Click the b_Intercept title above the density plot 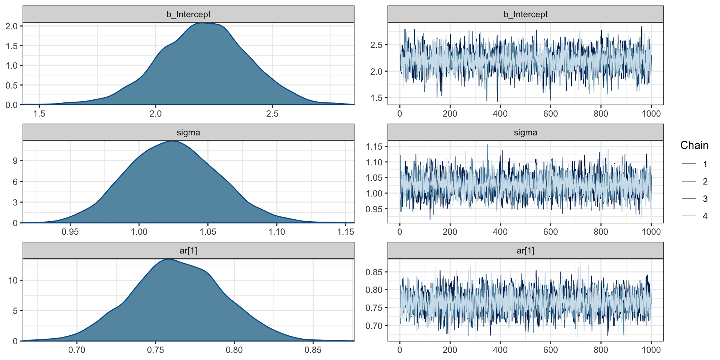click(188, 14)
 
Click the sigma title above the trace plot click(525, 132)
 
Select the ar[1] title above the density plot click(188, 250)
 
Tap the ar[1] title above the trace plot click(525, 250)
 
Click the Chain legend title click(694, 145)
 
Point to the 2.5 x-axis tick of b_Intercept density click(272, 114)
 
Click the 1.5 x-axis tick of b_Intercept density click(39, 114)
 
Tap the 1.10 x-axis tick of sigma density click(277, 232)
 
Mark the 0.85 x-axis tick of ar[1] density click(313, 350)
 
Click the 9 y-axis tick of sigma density click(15, 161)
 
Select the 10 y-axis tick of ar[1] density click(13, 280)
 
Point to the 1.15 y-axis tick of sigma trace click(374, 147)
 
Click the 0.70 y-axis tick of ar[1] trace click(374, 326)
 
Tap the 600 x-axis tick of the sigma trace click(550, 232)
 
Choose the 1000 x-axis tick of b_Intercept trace click(651, 114)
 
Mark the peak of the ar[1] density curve click(169, 259)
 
